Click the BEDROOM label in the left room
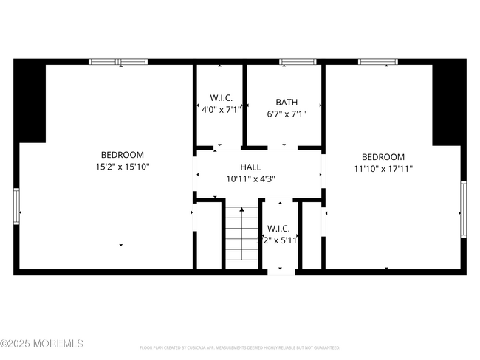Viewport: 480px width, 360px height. (x=122, y=155)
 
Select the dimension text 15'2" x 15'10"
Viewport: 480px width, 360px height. (x=123, y=167)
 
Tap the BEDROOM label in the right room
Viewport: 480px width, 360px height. (x=383, y=157)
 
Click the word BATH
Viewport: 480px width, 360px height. (x=287, y=103)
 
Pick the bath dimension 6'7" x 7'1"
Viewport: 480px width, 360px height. (x=287, y=114)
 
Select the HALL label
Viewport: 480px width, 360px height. (x=250, y=167)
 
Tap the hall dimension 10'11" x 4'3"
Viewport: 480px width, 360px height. (x=250, y=179)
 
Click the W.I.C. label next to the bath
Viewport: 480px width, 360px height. (x=222, y=98)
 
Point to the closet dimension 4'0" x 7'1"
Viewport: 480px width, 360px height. (x=221, y=110)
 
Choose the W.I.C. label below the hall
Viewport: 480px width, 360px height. (x=278, y=228)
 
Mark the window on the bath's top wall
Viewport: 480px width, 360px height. (x=298, y=61)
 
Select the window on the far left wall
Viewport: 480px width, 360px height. (x=16, y=206)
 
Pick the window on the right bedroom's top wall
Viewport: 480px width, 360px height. (x=378, y=61)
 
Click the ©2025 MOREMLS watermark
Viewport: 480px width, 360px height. (x=42, y=344)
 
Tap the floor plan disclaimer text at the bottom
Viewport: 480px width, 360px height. (x=239, y=347)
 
